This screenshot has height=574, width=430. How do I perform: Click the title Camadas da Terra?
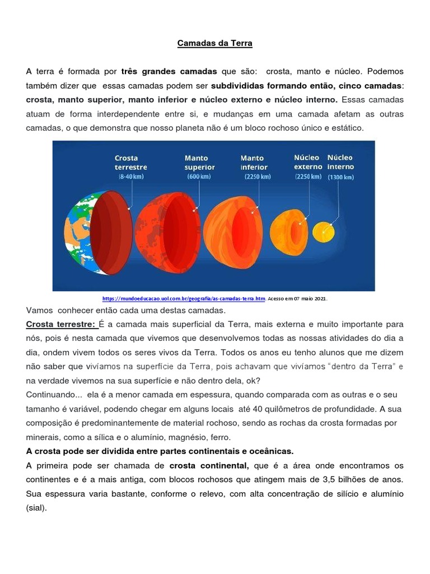(x=214, y=43)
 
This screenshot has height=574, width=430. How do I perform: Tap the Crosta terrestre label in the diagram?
(x=130, y=163)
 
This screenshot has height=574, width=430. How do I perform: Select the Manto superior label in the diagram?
(x=200, y=163)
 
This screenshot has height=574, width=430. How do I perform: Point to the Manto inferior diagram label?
(x=255, y=163)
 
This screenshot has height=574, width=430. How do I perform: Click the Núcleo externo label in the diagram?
(x=308, y=162)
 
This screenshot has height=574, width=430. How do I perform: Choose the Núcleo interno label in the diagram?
(x=340, y=162)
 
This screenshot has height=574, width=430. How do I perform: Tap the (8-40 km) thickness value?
(x=130, y=177)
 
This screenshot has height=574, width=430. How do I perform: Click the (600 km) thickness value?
(x=199, y=177)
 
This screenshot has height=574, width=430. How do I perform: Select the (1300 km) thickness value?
(x=341, y=177)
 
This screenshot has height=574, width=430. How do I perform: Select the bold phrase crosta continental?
(x=209, y=466)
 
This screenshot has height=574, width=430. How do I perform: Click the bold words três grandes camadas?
(x=168, y=72)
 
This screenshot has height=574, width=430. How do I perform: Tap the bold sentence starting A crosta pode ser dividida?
(x=160, y=451)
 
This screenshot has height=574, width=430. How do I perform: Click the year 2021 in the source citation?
(x=321, y=299)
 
